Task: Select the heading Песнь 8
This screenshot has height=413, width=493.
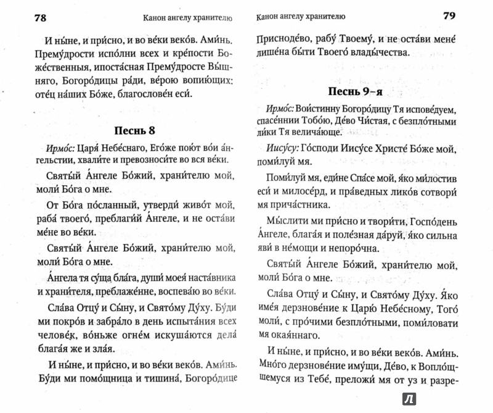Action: click(x=138, y=130)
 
